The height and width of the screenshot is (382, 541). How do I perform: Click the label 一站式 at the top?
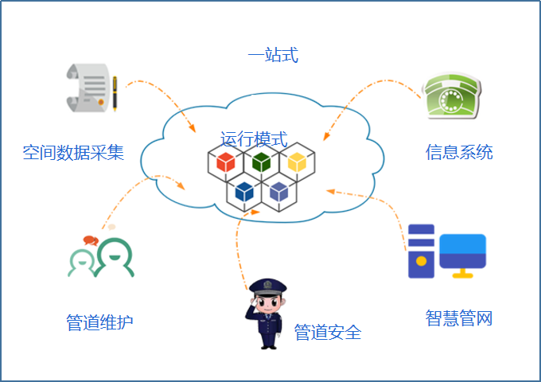click(x=272, y=56)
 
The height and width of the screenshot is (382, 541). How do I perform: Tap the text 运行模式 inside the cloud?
click(x=254, y=138)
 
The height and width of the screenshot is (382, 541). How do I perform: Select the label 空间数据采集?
click(x=73, y=153)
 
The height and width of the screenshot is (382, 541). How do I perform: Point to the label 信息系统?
click(x=459, y=152)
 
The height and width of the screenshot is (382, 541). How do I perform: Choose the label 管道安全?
click(x=328, y=332)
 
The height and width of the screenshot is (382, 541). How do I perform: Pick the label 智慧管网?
click(x=459, y=319)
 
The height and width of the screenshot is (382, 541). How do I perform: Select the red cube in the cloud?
click(x=226, y=162)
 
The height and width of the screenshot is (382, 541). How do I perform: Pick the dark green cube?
click(x=261, y=162)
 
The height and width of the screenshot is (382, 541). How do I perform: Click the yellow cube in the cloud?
click(x=297, y=162)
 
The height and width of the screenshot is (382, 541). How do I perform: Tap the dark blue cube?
click(x=244, y=191)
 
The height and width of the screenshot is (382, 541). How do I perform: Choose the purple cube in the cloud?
click(x=278, y=191)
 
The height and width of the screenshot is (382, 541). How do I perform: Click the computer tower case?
click(x=421, y=250)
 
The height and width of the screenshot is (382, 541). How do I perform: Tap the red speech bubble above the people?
click(x=90, y=240)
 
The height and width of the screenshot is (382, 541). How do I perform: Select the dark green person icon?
click(x=114, y=259)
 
